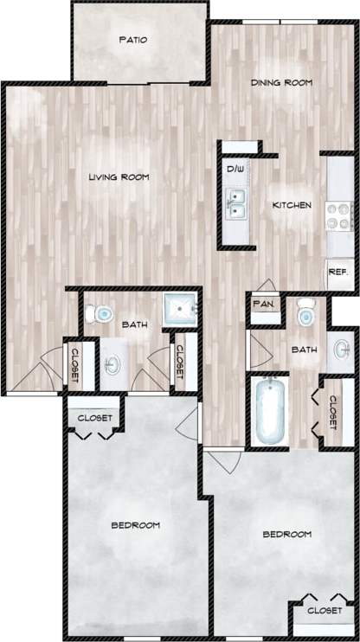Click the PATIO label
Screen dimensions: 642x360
[133, 40]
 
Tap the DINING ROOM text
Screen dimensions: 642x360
[281, 83]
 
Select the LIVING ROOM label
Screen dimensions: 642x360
[119, 177]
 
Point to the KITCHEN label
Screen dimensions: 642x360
[292, 205]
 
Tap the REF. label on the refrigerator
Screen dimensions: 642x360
[337, 272]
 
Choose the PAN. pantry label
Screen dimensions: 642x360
[263, 304]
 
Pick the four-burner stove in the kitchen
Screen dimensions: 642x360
[338, 214]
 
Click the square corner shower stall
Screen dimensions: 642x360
[181, 307]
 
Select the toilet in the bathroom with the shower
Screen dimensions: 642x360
[102, 312]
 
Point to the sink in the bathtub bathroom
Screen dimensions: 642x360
[343, 350]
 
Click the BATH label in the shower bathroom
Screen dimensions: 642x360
[135, 324]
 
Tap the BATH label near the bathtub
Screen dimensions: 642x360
[304, 350]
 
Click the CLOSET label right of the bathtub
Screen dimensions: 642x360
[333, 411]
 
